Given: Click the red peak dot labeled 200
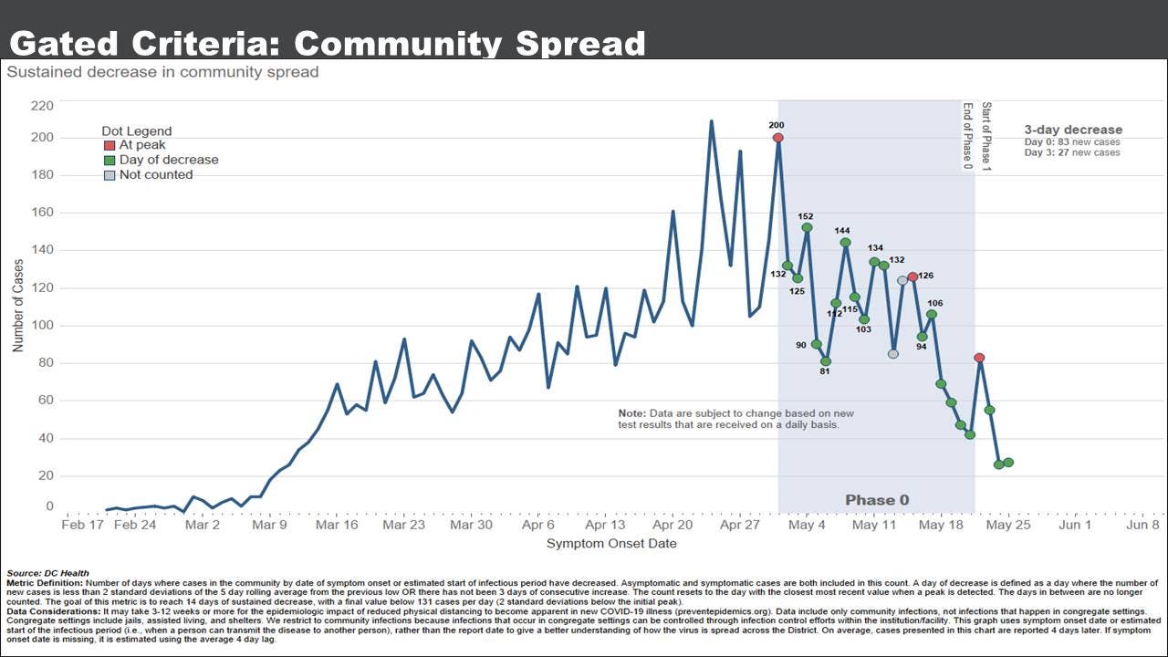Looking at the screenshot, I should [778, 138].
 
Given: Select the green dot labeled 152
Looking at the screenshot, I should [807, 227].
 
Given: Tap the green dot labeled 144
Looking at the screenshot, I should [845, 243].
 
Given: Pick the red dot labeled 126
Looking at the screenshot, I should [912, 276].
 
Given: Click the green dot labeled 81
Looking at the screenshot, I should [826, 361].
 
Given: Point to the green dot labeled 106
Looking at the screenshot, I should [932, 315].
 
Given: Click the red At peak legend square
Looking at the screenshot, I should [109, 145].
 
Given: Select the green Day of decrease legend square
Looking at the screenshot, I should [109, 160].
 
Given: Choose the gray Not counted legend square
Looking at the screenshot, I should [109, 175].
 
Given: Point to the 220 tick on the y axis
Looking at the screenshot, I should [43, 106].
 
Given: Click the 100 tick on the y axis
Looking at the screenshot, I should [43, 326].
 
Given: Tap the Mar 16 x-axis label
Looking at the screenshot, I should [337, 526].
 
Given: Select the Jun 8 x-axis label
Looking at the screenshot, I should [1142, 526].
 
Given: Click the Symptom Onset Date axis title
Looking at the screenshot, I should [611, 544].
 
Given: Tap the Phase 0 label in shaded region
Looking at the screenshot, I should [877, 500].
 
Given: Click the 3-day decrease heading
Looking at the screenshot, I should [1073, 130].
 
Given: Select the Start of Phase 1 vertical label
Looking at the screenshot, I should [986, 136].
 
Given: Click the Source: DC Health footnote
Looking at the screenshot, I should [47, 573].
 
